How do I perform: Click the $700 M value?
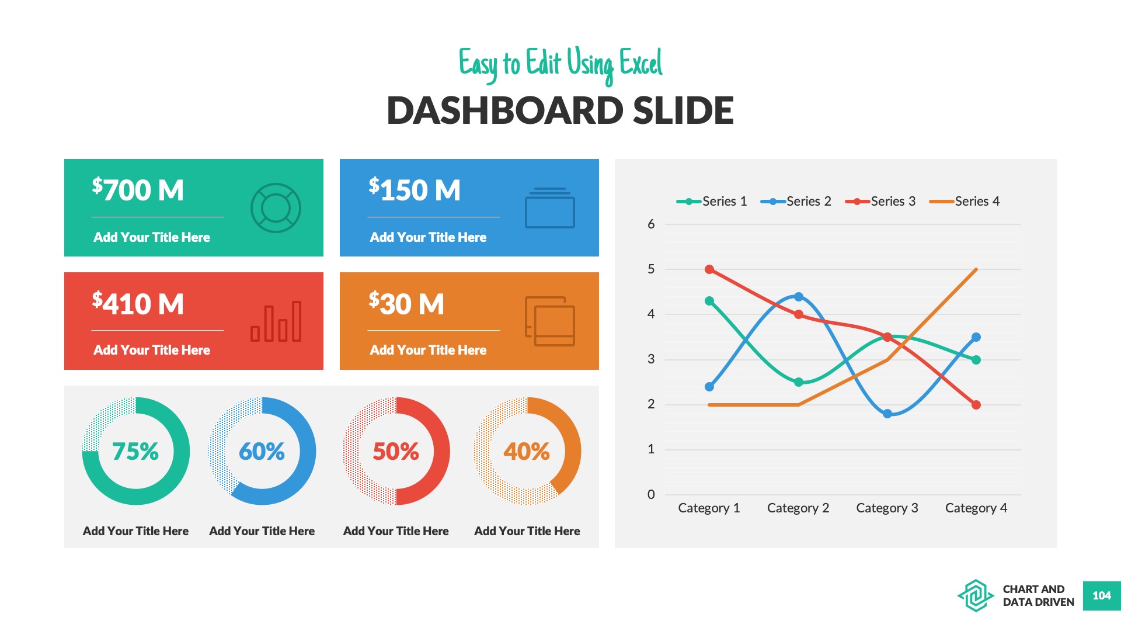coord(138,190)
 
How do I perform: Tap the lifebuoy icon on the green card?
coord(276,208)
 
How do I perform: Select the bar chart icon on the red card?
coord(276,321)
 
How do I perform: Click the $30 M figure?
coord(406,304)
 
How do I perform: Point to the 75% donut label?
coord(135,451)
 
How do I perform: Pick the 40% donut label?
coord(527,451)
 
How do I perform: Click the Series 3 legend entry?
coord(880,202)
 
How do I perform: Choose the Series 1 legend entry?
coord(712,202)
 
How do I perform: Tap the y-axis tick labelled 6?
coord(651,224)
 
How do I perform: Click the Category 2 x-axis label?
coord(798,508)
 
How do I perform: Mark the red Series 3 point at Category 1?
coord(709,269)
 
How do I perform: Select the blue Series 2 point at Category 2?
coord(799,297)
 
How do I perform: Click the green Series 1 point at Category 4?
coord(976,360)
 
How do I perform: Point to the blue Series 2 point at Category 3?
coord(887,414)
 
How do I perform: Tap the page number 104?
coord(1102,595)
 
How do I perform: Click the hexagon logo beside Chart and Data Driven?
coord(975,595)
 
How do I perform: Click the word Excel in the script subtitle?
coord(640,63)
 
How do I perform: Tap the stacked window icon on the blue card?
coord(550,208)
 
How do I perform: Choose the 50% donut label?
coord(396,451)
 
